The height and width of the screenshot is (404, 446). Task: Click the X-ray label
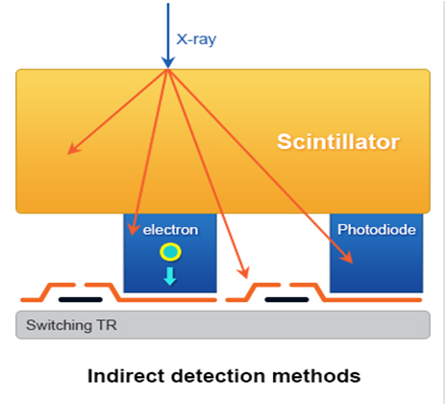coord(196,39)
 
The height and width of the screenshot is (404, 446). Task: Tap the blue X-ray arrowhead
coord(168,63)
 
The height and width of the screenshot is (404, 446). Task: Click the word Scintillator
coord(338,141)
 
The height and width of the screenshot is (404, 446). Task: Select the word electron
coord(170,230)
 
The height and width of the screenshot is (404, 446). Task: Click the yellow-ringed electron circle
coord(170,252)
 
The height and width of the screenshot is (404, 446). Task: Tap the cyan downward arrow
coord(170,276)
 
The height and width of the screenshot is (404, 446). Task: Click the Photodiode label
coord(377,230)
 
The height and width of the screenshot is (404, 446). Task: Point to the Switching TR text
coord(71,325)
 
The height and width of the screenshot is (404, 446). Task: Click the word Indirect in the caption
coord(126,376)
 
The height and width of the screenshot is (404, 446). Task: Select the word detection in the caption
coord(218,376)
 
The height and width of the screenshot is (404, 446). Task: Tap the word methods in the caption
coord(316,376)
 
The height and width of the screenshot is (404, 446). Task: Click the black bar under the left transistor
coord(81,300)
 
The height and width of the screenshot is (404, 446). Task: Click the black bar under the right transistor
coord(286,300)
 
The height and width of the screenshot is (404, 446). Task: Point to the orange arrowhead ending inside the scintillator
coord(73,149)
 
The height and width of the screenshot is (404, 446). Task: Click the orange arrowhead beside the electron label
coord(134,229)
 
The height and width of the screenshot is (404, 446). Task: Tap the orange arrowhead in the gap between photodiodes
coord(244,272)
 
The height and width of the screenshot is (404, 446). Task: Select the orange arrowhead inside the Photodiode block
coord(347,257)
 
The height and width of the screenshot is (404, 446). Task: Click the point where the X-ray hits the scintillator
coord(168,69)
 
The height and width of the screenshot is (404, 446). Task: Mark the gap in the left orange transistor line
coord(80,285)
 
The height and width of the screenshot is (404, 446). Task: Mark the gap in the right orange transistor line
coord(285,285)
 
